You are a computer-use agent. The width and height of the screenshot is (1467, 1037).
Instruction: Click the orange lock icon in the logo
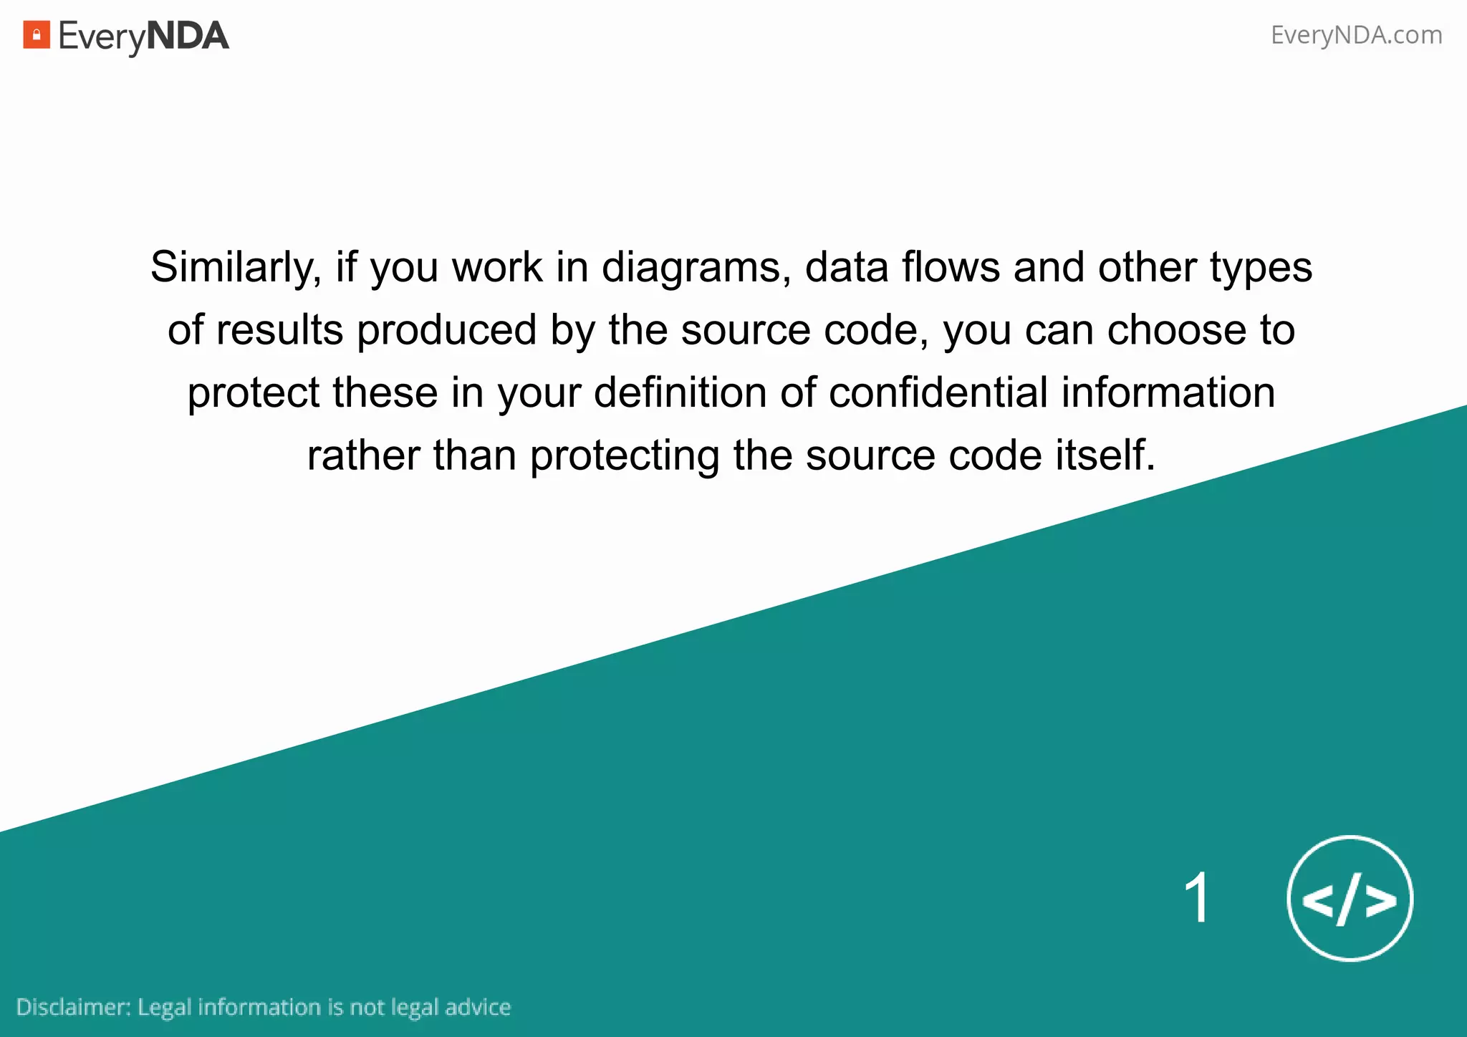point(37,35)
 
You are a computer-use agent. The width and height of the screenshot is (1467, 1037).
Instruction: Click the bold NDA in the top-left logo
point(188,36)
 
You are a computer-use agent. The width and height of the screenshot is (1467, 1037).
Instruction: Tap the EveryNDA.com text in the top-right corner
point(1356,35)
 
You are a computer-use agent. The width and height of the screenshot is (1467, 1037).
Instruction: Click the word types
point(1261,268)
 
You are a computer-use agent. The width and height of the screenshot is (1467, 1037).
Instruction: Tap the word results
point(280,330)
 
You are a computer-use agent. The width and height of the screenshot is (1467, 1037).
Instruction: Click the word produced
point(447,330)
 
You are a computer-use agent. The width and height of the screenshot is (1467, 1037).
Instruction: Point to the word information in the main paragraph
point(1168,392)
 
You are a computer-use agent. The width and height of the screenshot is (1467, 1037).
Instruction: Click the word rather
point(363,455)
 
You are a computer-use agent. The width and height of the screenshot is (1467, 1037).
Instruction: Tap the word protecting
point(625,455)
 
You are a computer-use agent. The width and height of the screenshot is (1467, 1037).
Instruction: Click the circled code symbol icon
point(1350,899)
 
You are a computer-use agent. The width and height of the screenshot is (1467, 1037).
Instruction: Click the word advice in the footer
point(478,1007)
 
